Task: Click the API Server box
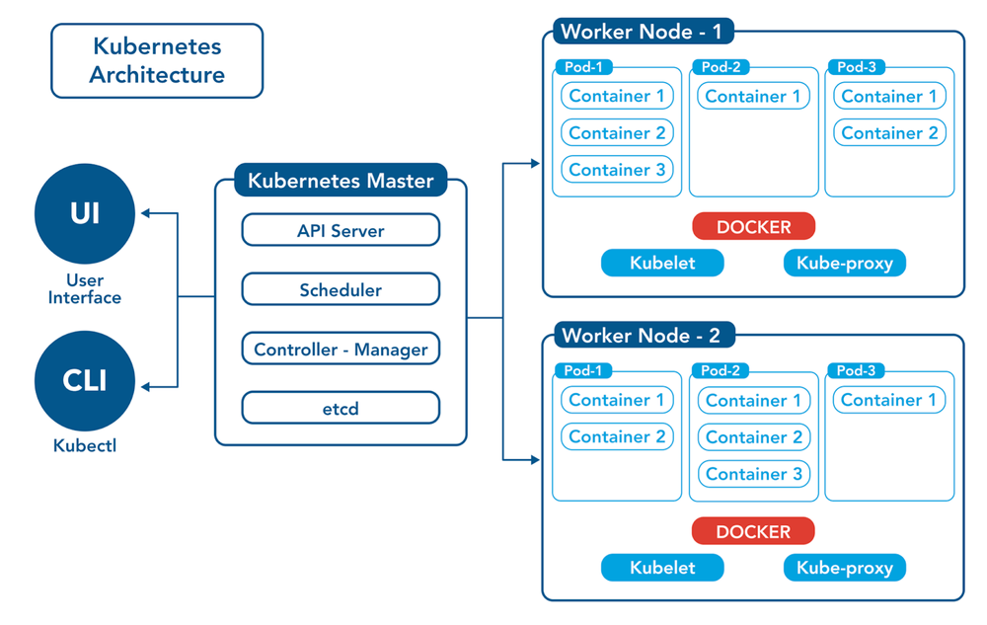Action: (x=341, y=231)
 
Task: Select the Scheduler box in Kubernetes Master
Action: (x=341, y=290)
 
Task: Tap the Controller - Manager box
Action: (x=341, y=350)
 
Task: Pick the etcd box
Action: (x=341, y=408)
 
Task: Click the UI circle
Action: (x=84, y=212)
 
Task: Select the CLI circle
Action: (x=84, y=380)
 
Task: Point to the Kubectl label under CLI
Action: (x=84, y=445)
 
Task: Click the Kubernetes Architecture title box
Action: (x=157, y=60)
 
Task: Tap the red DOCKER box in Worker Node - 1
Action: (x=753, y=227)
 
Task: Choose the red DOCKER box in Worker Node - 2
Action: (x=753, y=531)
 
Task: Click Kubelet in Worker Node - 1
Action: (x=662, y=263)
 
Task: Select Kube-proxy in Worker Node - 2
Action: (x=844, y=568)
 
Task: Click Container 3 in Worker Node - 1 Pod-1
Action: (x=617, y=170)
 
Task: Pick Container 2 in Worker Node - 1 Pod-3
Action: (x=889, y=133)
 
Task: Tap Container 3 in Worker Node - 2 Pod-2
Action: (x=754, y=474)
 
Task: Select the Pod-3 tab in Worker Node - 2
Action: (x=856, y=371)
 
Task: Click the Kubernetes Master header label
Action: (x=341, y=181)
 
